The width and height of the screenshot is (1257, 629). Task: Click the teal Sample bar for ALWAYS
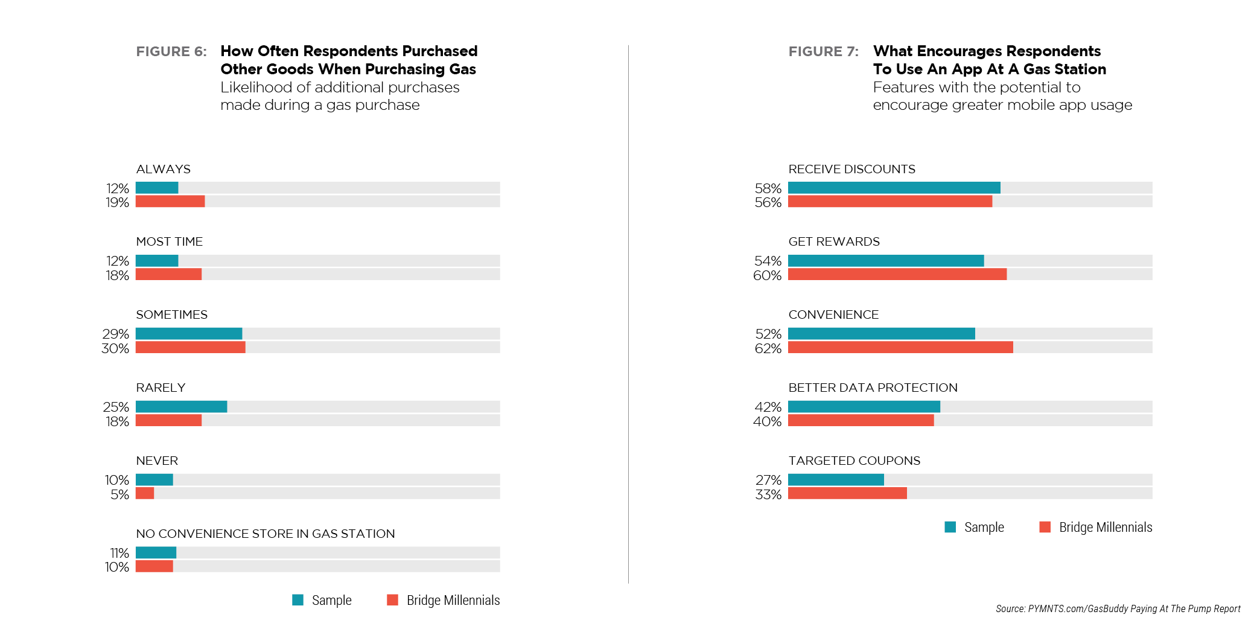157,188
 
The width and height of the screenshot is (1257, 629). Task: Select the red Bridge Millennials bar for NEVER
145,493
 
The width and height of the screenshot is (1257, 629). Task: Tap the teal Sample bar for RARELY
181,407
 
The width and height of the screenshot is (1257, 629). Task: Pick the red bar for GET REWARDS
897,275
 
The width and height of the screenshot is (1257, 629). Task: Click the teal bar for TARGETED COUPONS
836,480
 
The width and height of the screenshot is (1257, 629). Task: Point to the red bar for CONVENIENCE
900,348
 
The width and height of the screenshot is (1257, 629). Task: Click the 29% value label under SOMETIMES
116,334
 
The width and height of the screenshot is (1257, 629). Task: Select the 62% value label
768,349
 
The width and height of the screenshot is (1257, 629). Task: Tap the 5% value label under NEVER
119,495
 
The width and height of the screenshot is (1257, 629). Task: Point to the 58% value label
768,189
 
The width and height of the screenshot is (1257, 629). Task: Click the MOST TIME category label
169,242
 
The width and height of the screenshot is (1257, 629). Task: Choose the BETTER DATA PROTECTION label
873,388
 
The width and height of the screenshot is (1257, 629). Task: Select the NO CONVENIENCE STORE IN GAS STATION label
265,534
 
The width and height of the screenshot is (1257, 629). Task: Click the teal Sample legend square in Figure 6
298,600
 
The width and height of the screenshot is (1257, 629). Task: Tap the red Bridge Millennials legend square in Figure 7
1045,527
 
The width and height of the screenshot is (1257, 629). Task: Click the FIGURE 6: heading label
171,52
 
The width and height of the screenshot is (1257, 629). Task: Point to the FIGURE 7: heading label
823,52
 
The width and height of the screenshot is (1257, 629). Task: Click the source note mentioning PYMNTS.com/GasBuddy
1118,608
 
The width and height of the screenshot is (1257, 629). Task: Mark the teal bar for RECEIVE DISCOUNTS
894,188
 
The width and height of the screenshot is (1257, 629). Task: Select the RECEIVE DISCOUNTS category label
851,170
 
